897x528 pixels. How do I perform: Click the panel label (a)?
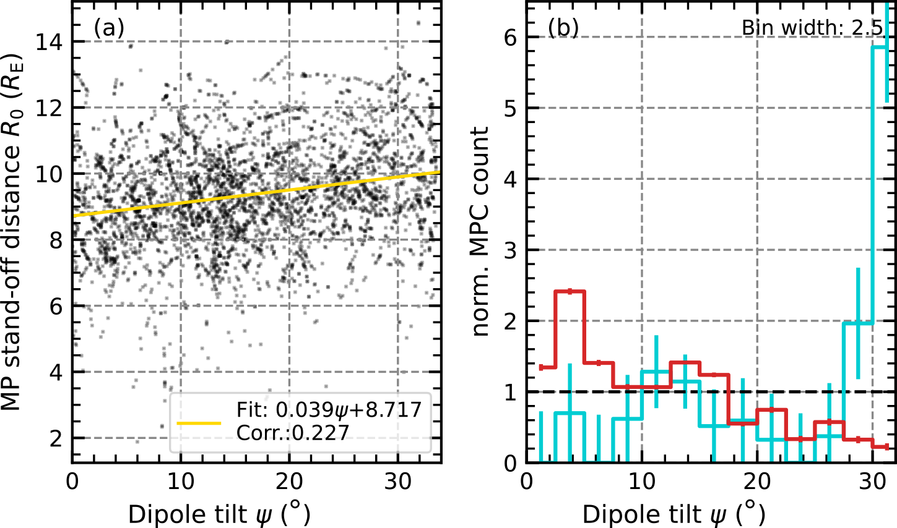[109, 28]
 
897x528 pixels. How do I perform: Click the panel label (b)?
[563, 28]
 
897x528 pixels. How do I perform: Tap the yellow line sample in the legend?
[199, 424]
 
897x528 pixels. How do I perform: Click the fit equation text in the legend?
[329, 410]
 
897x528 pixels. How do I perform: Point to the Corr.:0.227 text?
[293, 432]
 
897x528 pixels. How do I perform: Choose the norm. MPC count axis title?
[481, 231]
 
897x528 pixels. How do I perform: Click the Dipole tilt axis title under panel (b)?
[674, 513]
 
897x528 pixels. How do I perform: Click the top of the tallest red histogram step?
[570, 291]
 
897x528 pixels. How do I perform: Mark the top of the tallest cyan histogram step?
[881, 46]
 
